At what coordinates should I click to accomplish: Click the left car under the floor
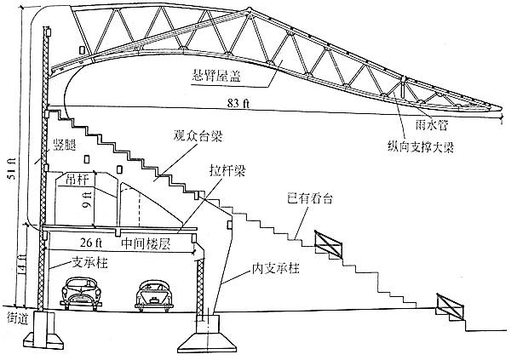(82, 294)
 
